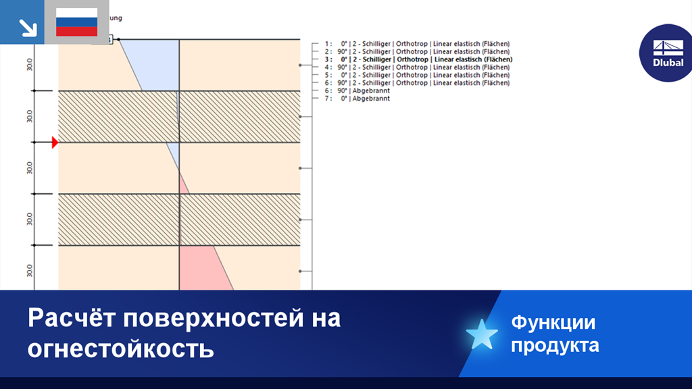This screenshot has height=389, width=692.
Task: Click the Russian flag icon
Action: (x=76, y=22)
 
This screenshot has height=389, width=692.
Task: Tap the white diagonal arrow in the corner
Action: (x=26, y=26)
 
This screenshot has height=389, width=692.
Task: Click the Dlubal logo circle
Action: (x=668, y=53)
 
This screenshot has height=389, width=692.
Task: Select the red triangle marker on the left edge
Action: (x=55, y=142)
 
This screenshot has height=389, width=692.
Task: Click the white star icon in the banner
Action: (x=482, y=334)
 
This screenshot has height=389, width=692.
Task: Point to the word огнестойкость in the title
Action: (x=121, y=348)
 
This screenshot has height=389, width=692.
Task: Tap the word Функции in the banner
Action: (x=553, y=322)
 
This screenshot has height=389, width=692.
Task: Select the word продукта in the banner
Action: (x=554, y=346)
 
